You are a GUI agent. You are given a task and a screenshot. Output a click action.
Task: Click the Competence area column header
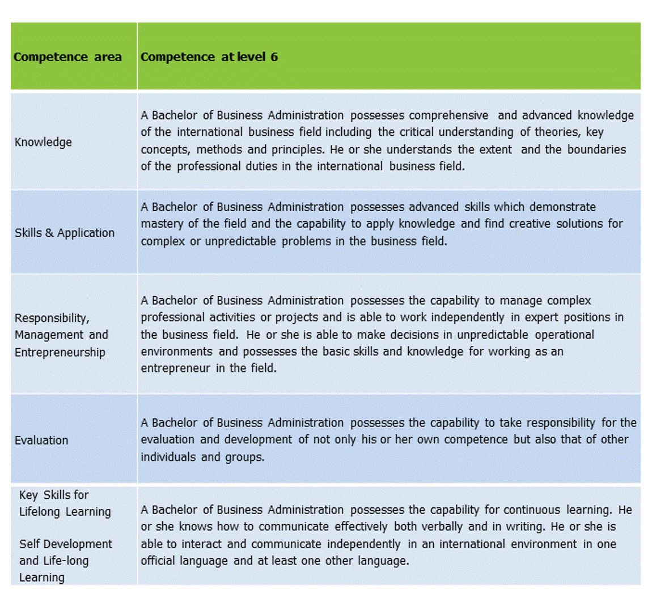(67, 57)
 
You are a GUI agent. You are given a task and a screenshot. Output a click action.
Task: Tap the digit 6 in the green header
(274, 57)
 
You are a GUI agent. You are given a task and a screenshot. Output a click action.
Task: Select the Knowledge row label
(43, 142)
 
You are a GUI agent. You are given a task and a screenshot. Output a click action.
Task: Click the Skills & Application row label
(65, 233)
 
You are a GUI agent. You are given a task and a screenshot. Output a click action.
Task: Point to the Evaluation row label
(41, 440)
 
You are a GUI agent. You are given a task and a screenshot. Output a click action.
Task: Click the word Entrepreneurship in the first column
(60, 352)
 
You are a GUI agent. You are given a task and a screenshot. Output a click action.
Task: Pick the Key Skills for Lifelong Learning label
(65, 503)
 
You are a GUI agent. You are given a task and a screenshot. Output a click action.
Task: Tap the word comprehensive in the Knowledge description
(448, 116)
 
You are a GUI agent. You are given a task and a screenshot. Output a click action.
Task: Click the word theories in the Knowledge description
(556, 132)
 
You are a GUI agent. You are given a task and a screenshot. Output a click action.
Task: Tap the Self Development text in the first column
(66, 544)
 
